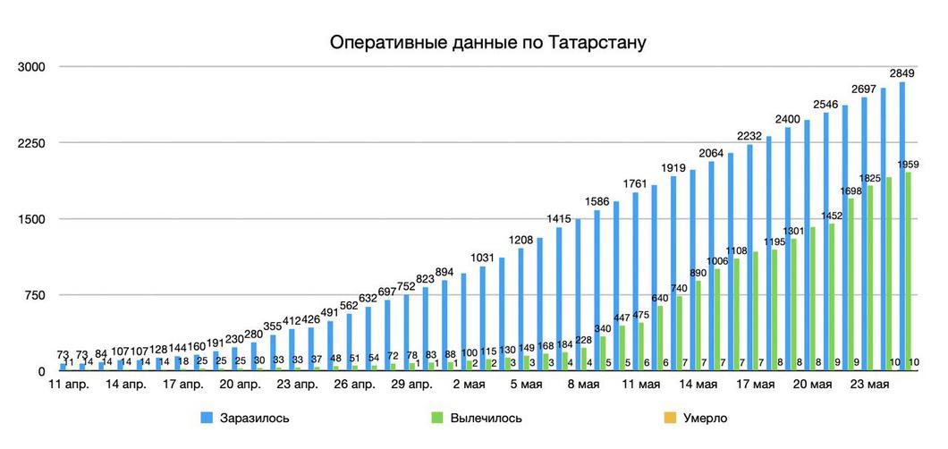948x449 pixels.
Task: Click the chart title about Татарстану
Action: [x=487, y=42]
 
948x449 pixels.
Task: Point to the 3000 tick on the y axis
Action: [x=32, y=67]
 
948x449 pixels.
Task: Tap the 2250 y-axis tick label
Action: [x=32, y=143]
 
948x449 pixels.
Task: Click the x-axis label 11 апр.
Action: [x=69, y=385]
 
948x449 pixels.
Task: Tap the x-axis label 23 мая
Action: [x=868, y=385]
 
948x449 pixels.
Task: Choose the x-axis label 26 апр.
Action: [x=355, y=385]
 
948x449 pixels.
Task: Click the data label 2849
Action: [x=901, y=72]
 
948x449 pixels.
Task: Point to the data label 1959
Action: [x=909, y=165]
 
